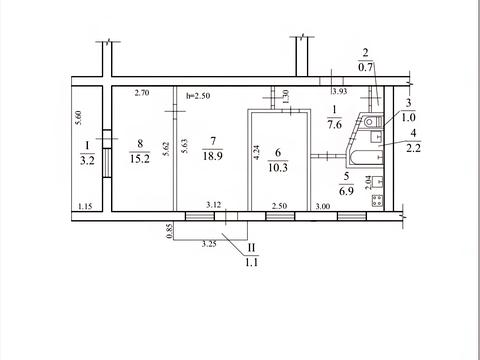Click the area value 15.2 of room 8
pyautogui.click(x=140, y=159)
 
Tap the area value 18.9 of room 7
pyautogui.click(x=213, y=155)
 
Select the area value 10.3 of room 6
pyautogui.click(x=278, y=167)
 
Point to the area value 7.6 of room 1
pyautogui.click(x=334, y=124)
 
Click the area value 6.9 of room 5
pyautogui.click(x=346, y=191)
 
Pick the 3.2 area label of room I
pyautogui.click(x=87, y=160)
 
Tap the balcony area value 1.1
pyautogui.click(x=252, y=262)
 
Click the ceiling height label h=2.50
pyautogui.click(x=198, y=96)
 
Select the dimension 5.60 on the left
pyautogui.click(x=79, y=118)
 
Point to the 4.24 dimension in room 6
pyautogui.click(x=257, y=152)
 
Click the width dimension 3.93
pyautogui.click(x=340, y=91)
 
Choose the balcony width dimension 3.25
pyautogui.click(x=209, y=244)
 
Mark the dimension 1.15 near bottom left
pyautogui.click(x=85, y=206)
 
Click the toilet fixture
pyautogui.click(x=372, y=121)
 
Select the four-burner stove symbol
pyautogui.click(x=377, y=201)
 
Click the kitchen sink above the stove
pyautogui.click(x=378, y=181)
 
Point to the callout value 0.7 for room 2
pyautogui.click(x=365, y=67)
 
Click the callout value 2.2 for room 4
pyautogui.click(x=413, y=148)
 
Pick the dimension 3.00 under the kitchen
pyautogui.click(x=323, y=206)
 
